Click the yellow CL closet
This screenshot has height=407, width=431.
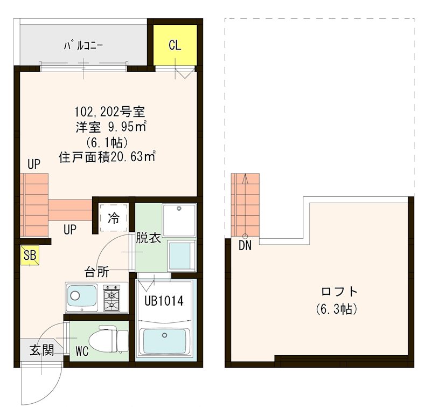click(175, 45)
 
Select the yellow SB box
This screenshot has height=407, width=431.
click(30, 256)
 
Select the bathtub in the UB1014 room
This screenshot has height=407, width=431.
click(162, 341)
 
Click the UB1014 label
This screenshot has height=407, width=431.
click(164, 301)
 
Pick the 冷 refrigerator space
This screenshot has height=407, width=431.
click(114, 218)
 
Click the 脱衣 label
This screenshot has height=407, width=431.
click(148, 238)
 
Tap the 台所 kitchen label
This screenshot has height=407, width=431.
click(96, 271)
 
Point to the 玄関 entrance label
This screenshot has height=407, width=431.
click(41, 350)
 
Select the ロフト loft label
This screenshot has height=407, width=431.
click(339, 292)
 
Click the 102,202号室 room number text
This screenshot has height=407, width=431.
click(109, 113)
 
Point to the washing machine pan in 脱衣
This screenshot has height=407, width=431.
click(179, 219)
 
